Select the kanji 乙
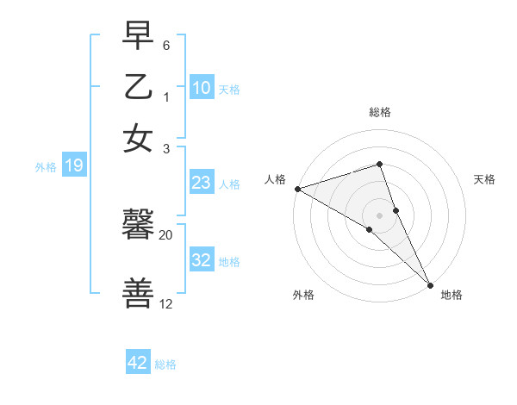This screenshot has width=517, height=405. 139,87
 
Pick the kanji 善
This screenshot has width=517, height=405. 139,294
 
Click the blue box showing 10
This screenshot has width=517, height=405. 202,88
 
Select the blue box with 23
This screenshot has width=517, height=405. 202,183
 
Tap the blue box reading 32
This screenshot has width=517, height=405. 202,259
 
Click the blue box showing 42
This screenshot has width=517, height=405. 138,363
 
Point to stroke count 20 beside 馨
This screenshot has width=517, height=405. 166,234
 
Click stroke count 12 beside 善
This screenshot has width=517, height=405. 166,304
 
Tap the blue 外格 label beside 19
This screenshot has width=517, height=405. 45,167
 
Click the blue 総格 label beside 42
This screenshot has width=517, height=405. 165,364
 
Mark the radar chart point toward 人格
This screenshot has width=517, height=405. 296,189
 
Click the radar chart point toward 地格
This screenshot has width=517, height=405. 430,283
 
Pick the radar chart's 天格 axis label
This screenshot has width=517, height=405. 484,179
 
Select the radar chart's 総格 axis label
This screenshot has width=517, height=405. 380,112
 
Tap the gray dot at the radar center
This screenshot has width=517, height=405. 380,215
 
